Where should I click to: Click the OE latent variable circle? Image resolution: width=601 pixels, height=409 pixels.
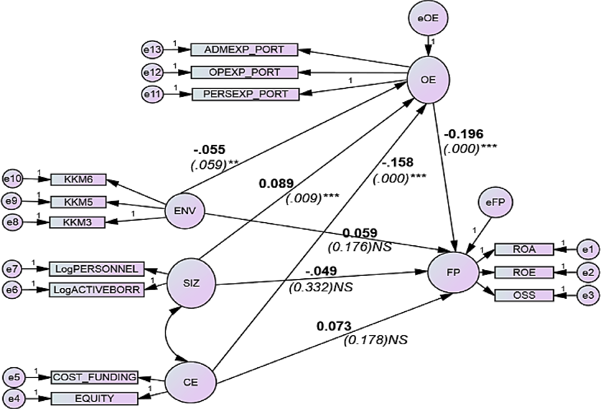pyautogui.click(x=428, y=80)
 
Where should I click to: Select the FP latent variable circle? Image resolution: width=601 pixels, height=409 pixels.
pyautogui.click(x=453, y=273)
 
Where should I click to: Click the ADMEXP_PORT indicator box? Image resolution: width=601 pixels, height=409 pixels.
pyautogui.click(x=244, y=50)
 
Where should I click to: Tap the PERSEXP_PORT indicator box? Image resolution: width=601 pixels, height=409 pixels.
pyautogui.click(x=245, y=94)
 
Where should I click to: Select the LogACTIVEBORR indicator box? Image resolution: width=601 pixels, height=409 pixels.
pyautogui.click(x=96, y=290)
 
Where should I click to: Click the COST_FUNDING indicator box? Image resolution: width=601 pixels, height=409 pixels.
pyautogui.click(x=94, y=377)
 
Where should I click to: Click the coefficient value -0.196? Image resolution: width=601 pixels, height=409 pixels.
pyautogui.click(x=463, y=134)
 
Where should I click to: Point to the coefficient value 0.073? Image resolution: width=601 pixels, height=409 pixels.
pyautogui.click(x=334, y=326)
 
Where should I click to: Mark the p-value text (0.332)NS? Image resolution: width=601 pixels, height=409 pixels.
pyautogui.click(x=320, y=286)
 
